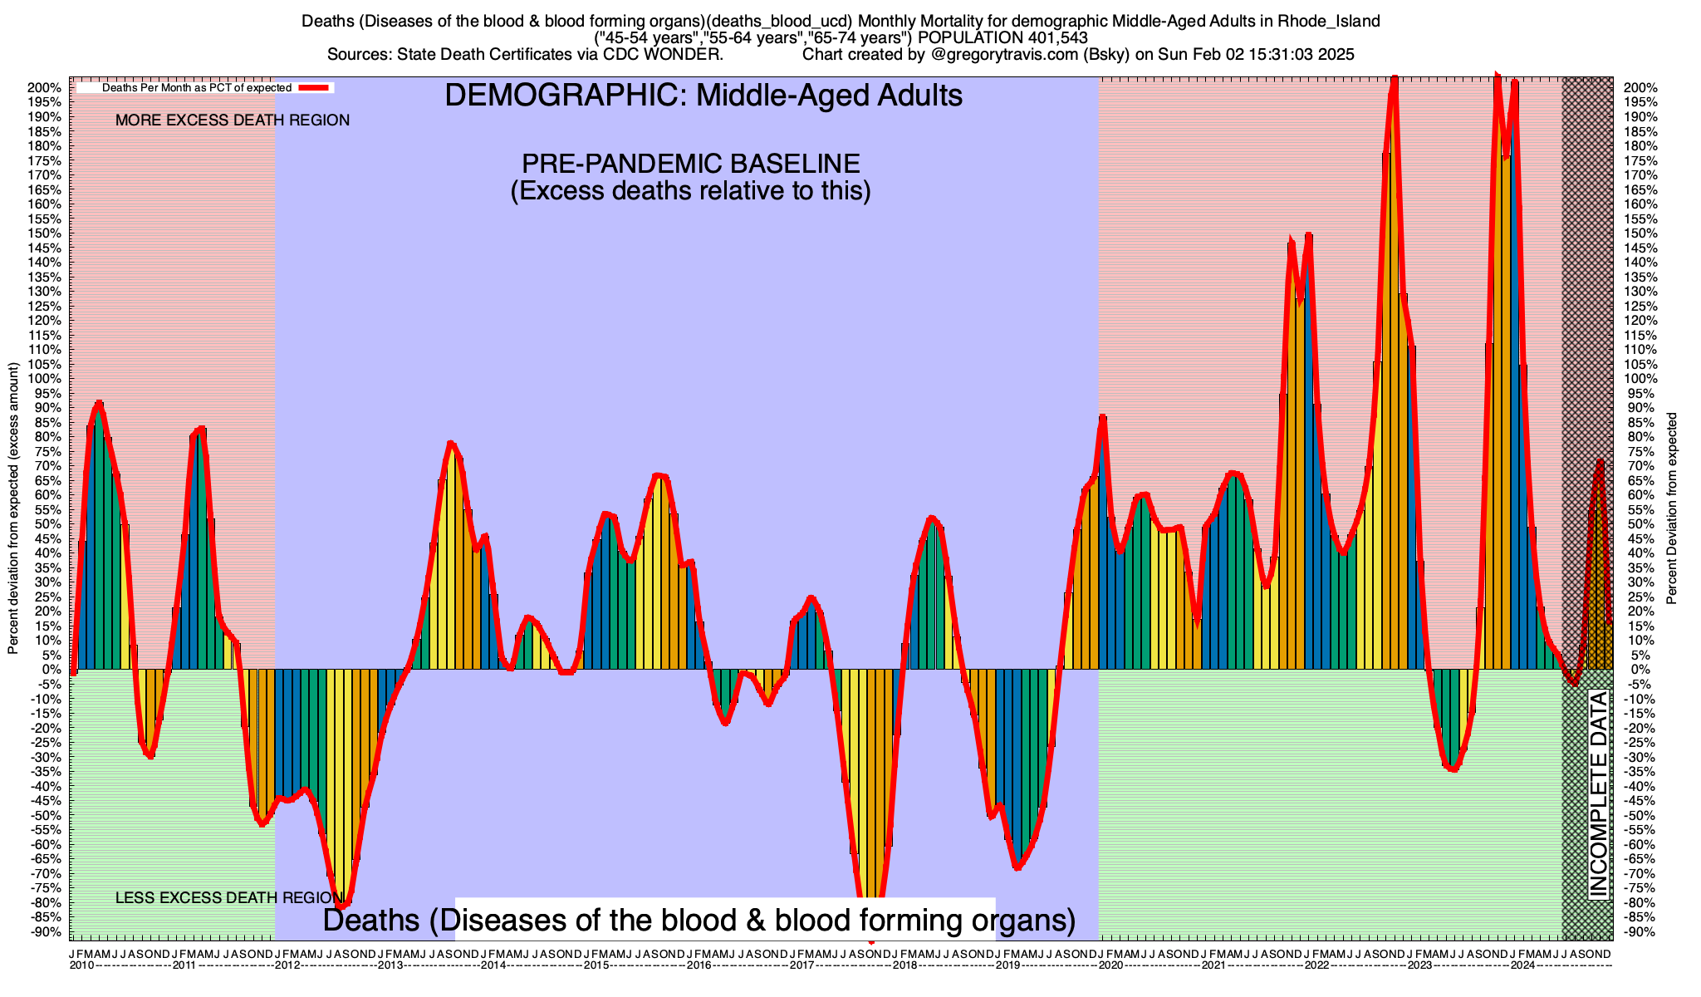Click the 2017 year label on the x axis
pyautogui.click(x=801, y=965)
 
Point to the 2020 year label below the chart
pyautogui.click(x=1110, y=965)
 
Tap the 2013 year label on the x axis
pyautogui.click(x=390, y=965)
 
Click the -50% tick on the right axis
pyautogui.click(x=1637, y=815)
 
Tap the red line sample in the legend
pyautogui.click(x=316, y=87)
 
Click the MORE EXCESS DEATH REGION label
pyautogui.click(x=233, y=120)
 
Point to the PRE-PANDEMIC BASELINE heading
pyautogui.click(x=690, y=163)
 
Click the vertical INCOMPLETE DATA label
pyautogui.click(x=1598, y=793)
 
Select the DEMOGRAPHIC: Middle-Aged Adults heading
pyautogui.click(x=703, y=96)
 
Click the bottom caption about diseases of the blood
pyautogui.click(x=699, y=920)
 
